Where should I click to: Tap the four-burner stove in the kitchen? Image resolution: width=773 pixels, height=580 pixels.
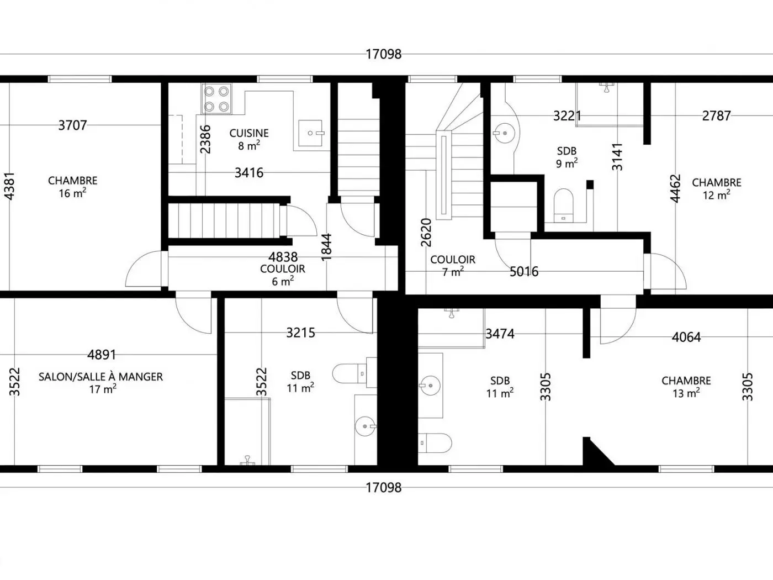click(216, 99)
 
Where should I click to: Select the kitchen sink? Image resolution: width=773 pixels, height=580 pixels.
click(310, 133)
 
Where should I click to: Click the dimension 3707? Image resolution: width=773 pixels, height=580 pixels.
click(72, 125)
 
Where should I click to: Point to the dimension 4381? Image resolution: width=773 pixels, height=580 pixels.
click(9, 186)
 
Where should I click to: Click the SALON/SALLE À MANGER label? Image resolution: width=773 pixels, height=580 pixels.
click(100, 377)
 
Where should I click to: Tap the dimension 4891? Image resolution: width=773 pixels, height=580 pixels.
click(102, 355)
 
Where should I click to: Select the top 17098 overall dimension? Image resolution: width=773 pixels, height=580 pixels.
click(384, 54)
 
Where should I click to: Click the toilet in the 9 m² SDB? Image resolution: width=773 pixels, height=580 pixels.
click(564, 205)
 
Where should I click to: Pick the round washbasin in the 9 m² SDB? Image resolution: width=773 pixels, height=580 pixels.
click(504, 133)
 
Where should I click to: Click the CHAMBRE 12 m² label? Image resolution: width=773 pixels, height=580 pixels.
click(717, 189)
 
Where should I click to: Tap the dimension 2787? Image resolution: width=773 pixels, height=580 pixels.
click(717, 116)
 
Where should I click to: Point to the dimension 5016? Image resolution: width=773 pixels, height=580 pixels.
click(524, 272)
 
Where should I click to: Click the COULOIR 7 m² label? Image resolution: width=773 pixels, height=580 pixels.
click(453, 266)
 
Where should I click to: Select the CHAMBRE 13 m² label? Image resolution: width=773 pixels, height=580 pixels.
click(686, 387)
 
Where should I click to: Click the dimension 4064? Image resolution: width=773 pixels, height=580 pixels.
click(686, 338)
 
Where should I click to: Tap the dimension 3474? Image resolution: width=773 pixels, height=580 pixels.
click(500, 334)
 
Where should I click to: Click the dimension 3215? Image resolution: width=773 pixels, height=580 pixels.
click(301, 333)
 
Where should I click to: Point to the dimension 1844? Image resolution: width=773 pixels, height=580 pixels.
click(326, 247)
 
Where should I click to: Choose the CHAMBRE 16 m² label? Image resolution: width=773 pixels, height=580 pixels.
click(72, 187)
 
